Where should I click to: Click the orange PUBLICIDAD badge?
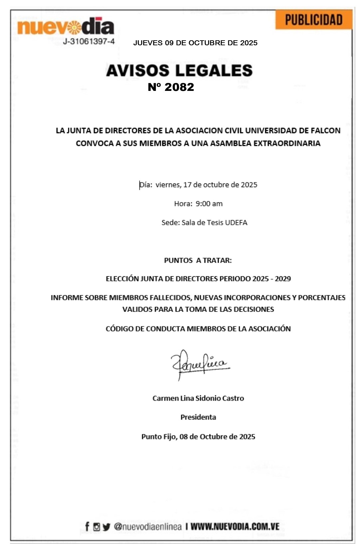[313, 20]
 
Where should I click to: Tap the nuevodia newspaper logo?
[66, 27]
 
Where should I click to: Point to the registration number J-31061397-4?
[89, 42]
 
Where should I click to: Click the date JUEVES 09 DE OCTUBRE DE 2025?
[195, 43]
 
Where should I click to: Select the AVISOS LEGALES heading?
[179, 71]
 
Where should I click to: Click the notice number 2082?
[179, 87]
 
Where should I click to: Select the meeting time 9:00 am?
[209, 204]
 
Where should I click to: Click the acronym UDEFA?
[236, 223]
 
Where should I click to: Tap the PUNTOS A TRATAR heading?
[198, 260]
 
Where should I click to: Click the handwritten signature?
[199, 364]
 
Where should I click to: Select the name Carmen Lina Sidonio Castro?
[198, 398]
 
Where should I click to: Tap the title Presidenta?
[198, 417]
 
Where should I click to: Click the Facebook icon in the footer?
[87, 526]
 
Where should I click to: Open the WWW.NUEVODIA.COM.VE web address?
[235, 526]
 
